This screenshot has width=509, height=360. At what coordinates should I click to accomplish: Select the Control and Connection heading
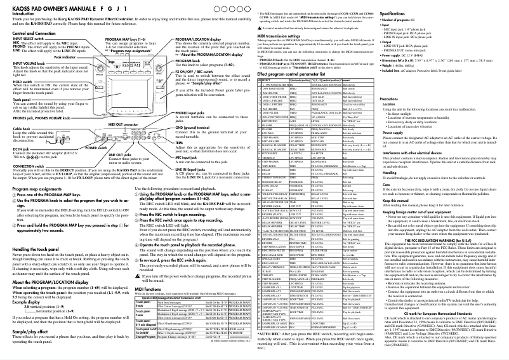[x=36, y=33]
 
